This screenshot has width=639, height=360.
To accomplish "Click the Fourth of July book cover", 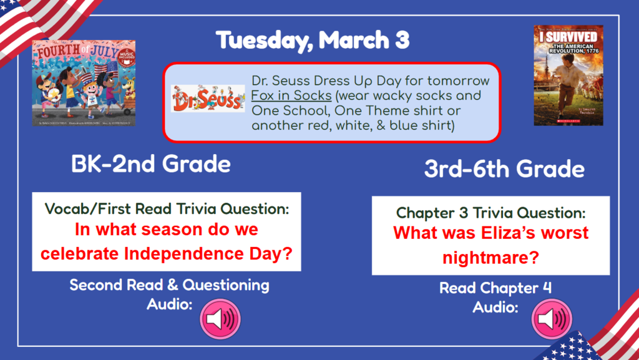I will [84, 83].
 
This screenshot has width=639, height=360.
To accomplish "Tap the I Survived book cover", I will [568, 75].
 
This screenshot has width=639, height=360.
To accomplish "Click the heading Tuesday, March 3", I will [313, 41].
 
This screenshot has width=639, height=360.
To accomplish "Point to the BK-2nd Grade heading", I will [151, 164].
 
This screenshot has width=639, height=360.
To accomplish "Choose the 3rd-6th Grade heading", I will [504, 169].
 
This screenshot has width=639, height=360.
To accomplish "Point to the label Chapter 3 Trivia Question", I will [490, 213].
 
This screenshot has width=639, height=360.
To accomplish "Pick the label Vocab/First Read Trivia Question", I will [167, 209].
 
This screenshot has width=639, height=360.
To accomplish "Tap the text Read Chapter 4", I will [495, 288].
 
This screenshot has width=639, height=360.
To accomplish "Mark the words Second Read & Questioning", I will [169, 285].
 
